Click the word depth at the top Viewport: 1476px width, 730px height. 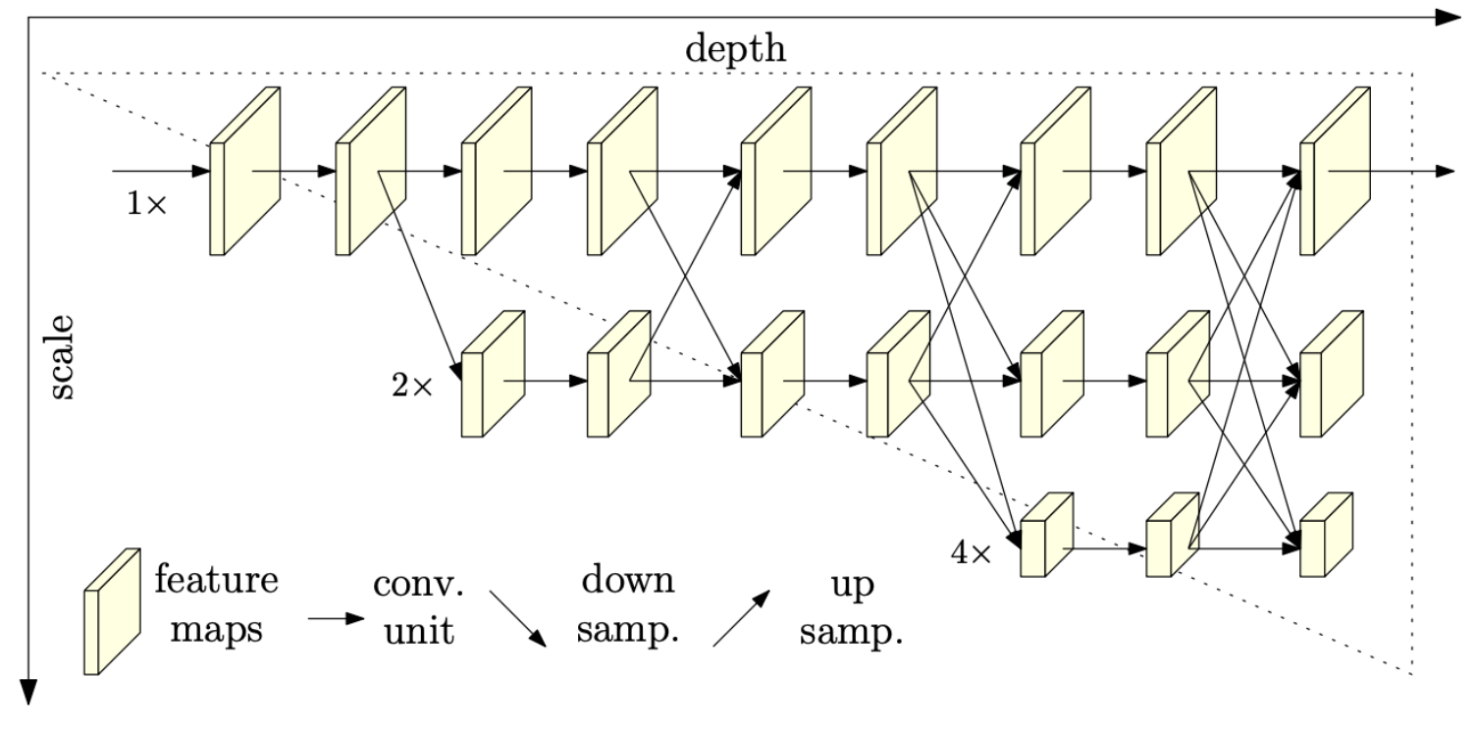735,49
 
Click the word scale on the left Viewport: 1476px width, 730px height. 61,357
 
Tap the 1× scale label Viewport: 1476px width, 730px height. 147,204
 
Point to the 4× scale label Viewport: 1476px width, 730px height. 972,553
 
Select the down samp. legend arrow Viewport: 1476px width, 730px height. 517,618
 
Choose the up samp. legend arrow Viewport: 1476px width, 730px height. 741,618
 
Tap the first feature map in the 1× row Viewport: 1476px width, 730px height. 245,172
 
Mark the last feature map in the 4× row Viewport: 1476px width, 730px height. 1326,535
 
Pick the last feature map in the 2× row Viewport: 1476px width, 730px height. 1331,374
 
